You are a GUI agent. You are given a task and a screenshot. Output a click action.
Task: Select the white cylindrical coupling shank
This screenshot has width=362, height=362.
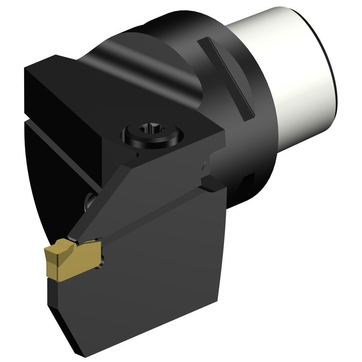[x=297, y=68]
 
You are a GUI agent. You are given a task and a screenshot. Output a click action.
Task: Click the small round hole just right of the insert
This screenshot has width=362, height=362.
[x=102, y=257]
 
